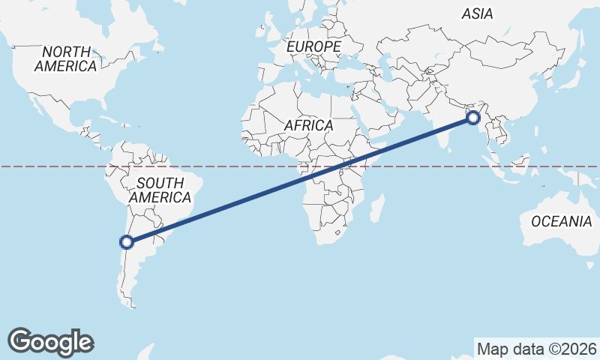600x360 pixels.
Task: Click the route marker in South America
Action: pos(127,241)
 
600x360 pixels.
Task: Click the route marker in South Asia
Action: pos(473,117)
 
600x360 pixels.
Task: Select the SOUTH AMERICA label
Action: pos(160,190)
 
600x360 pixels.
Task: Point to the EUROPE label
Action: pos(314,46)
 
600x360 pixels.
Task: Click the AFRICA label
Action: pos(308,125)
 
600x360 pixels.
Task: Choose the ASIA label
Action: pos(478,13)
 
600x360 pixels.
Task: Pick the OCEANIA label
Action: pos(561,221)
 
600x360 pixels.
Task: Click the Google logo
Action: pos(50,342)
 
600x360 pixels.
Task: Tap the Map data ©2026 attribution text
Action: pos(537,349)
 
